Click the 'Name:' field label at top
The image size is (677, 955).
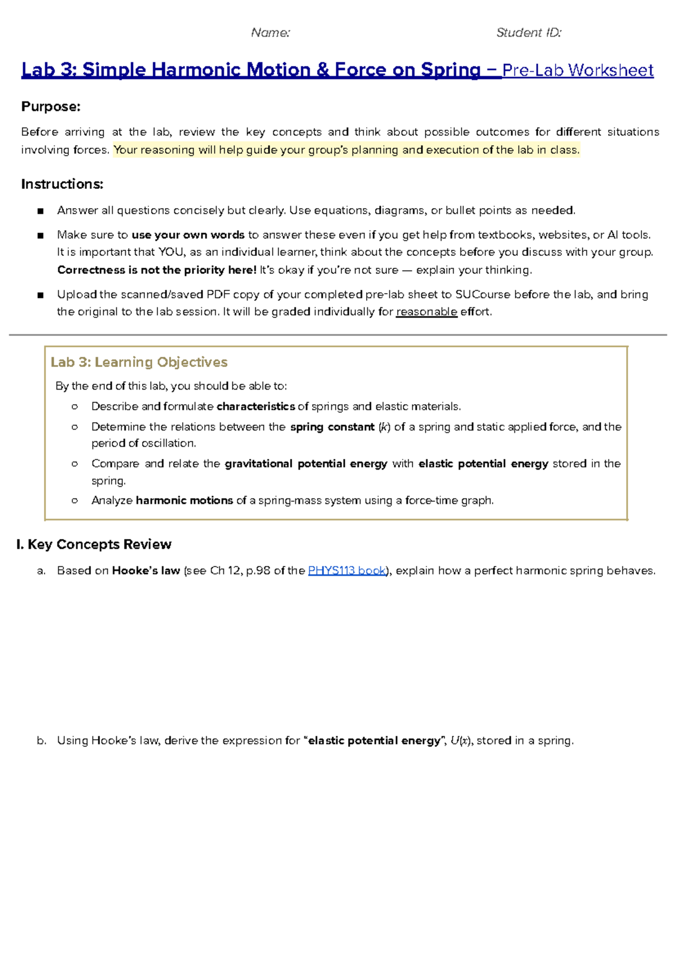pos(270,33)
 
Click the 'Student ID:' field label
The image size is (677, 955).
pos(529,33)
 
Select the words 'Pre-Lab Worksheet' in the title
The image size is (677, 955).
pos(578,70)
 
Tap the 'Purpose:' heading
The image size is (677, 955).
pos(51,107)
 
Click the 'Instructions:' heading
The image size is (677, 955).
pos(62,184)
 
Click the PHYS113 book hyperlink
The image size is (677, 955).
pos(347,571)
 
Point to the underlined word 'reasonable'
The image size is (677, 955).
pos(427,312)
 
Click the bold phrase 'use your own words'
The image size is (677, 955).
pos(188,235)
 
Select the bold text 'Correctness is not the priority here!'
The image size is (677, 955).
pos(157,270)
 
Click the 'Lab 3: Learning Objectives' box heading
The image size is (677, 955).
pos(139,362)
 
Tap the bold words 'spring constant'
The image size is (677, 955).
pos(332,427)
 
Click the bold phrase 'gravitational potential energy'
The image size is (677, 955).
pos(306,463)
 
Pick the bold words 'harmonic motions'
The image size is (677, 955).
pos(184,500)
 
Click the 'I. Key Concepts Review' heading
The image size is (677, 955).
pos(94,544)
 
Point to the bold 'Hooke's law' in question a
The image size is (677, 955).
pos(146,571)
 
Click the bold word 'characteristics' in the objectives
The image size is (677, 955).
pos(256,406)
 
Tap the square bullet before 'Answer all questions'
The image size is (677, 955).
pos(40,211)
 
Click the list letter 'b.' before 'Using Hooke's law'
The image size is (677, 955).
pos(41,741)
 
